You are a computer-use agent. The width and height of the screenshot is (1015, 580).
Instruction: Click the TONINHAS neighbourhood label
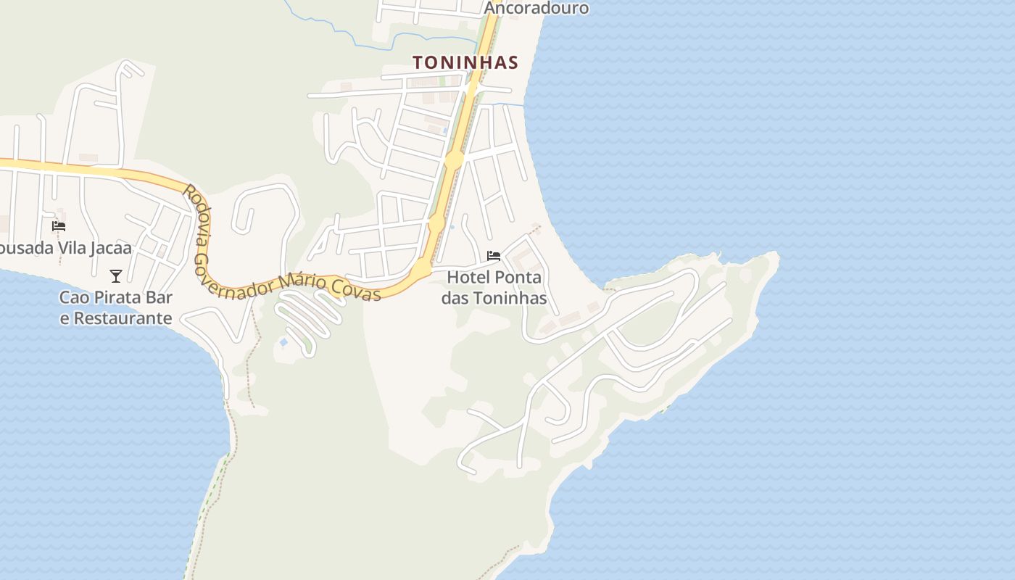[465, 62]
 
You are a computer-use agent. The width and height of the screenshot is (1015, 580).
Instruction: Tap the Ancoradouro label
[536, 8]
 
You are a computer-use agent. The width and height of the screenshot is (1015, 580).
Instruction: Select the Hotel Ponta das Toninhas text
[494, 287]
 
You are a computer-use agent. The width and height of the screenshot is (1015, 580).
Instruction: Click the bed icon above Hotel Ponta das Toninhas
[494, 256]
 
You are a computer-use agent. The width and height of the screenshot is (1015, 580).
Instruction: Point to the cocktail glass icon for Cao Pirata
[115, 275]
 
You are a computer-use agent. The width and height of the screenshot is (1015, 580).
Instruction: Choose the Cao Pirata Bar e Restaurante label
[116, 307]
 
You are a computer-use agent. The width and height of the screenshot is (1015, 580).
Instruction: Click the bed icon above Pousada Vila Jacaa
[59, 226]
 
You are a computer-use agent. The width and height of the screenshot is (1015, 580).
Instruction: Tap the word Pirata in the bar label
[120, 297]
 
